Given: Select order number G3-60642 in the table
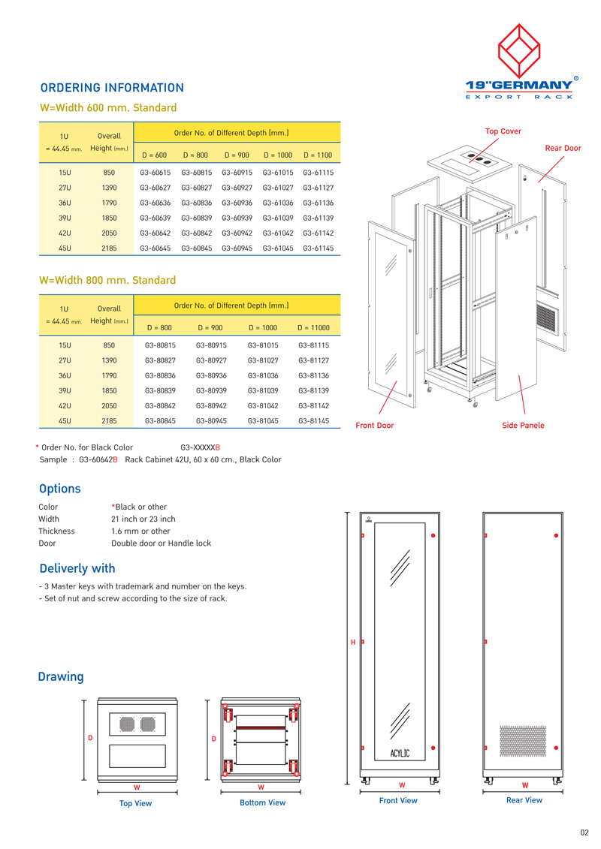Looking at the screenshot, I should [x=156, y=233].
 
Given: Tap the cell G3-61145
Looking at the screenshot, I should [x=318, y=248].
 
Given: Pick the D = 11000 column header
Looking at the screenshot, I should [x=313, y=327].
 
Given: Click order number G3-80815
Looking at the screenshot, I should [x=160, y=345].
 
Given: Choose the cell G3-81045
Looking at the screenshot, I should [x=263, y=421].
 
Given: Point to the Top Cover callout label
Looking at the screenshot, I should [x=503, y=131].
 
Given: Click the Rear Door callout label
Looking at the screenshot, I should [x=563, y=148].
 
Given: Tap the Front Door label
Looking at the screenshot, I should [x=374, y=426].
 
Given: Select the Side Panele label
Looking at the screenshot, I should [x=523, y=426].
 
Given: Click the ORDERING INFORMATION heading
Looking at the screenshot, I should [x=112, y=88].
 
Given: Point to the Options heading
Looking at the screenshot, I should [x=59, y=489].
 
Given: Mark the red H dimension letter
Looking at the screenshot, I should [x=353, y=642].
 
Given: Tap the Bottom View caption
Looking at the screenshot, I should [x=262, y=803].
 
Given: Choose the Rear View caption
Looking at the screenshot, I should [x=524, y=800].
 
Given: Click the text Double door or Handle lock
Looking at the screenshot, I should [x=161, y=543].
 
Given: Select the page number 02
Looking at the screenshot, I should [x=584, y=832].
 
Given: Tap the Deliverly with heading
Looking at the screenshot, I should [x=77, y=568].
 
